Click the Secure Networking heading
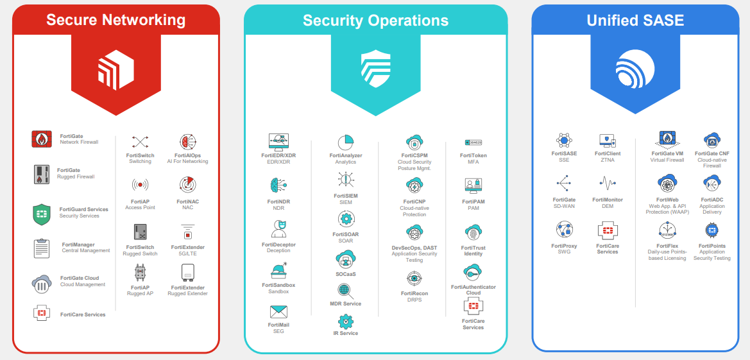115,20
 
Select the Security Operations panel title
375,20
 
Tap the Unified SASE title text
635,20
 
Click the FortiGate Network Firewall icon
42,139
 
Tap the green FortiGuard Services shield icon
42,214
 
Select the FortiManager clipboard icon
42,248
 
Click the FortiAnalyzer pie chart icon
346,142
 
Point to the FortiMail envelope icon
278,313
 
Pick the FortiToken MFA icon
473,142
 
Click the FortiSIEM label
346,196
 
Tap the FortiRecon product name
414,293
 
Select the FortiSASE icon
564,141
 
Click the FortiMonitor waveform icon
608,183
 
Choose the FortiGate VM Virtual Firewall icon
667,139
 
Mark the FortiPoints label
712,246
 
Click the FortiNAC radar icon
188,185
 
